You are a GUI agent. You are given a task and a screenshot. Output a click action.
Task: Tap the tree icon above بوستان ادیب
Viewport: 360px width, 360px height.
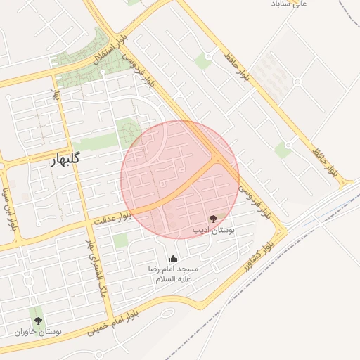pyautogui.click(x=214, y=219)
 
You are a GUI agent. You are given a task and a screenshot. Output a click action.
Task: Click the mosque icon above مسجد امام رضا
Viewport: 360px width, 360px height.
pyautogui.click(x=174, y=258)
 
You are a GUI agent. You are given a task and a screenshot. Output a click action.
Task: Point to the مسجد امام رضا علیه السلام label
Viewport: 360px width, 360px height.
pyautogui.click(x=173, y=274)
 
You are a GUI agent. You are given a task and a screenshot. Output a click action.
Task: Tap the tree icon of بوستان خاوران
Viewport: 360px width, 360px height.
pyautogui.click(x=38, y=321)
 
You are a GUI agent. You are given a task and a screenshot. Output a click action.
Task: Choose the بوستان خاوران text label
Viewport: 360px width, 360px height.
pyautogui.click(x=39, y=331)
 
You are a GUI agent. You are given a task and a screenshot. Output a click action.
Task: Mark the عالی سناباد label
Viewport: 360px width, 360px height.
pyautogui.click(x=290, y=4)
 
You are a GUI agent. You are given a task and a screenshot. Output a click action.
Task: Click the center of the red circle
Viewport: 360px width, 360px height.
pyautogui.click(x=180, y=179)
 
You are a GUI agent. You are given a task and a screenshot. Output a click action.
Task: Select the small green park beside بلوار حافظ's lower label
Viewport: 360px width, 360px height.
pyautogui.click(x=283, y=149)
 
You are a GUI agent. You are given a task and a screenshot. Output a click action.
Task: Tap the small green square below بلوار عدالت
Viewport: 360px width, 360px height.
pyautogui.click(x=121, y=240)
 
